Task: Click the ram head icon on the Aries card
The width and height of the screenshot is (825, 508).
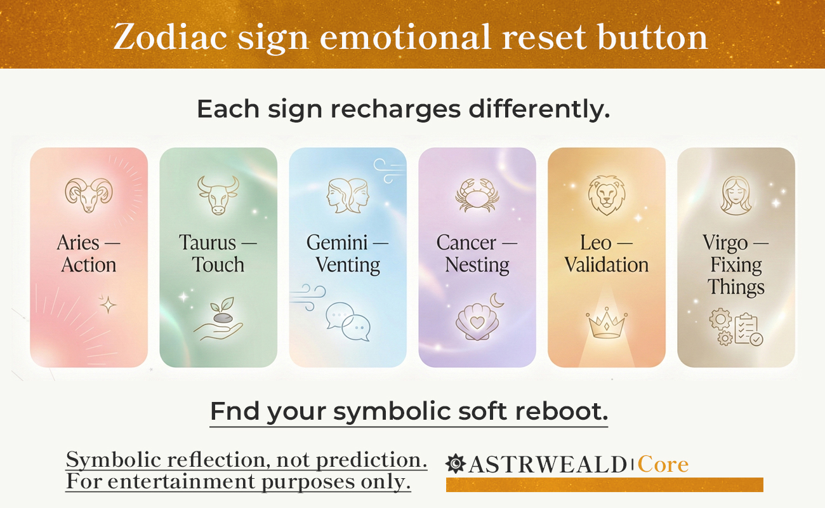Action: click(x=89, y=195)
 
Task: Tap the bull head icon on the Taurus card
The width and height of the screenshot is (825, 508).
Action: click(x=218, y=195)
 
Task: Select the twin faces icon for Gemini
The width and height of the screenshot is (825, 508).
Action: click(x=348, y=196)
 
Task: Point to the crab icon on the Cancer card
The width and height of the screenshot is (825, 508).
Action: click(x=477, y=196)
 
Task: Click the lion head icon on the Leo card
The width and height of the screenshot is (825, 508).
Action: click(x=606, y=195)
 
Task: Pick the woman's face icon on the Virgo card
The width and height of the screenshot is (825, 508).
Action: click(x=736, y=196)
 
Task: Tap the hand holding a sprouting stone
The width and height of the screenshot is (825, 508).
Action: click(x=219, y=319)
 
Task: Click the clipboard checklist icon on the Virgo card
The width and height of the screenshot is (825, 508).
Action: click(x=748, y=329)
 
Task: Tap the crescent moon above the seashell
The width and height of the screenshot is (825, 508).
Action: click(x=497, y=300)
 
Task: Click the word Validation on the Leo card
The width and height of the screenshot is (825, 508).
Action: click(x=607, y=265)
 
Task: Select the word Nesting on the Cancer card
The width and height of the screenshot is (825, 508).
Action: click(x=477, y=265)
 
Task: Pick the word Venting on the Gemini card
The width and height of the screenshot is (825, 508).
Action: click(x=348, y=265)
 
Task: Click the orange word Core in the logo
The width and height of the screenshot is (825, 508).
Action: click(x=663, y=464)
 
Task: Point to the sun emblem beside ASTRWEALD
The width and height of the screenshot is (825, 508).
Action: click(x=455, y=464)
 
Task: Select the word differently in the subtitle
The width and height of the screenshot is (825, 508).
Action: click(x=539, y=109)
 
